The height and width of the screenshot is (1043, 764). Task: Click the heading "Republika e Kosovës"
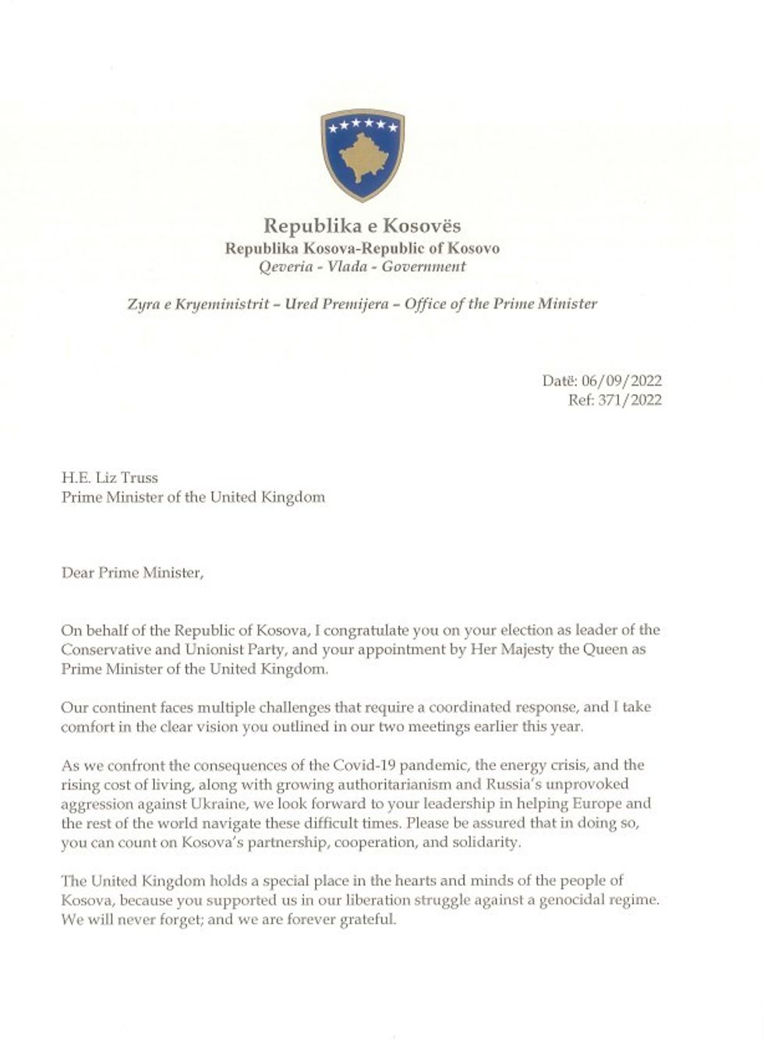tap(363, 226)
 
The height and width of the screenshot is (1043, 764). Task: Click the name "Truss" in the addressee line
tap(139, 477)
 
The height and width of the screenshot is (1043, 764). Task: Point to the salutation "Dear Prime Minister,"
tap(132, 573)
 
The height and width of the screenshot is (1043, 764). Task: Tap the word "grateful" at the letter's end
tap(369, 919)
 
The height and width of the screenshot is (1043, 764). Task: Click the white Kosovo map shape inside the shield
tap(363, 160)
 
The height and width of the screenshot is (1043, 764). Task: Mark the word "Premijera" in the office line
tap(361, 304)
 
